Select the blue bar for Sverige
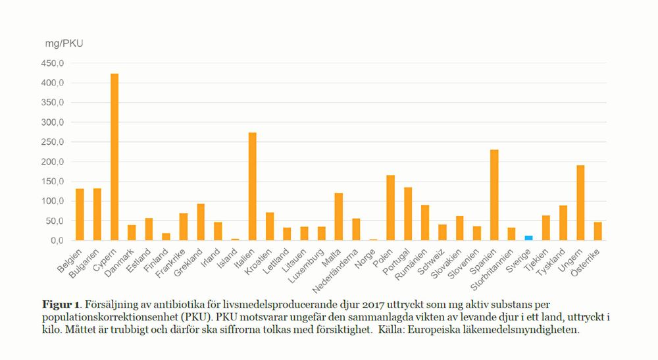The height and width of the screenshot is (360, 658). click(528, 238)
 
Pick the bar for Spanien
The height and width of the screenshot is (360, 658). click(494, 195)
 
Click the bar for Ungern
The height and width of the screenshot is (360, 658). click(580, 203)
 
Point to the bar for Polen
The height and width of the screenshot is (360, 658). click(391, 207)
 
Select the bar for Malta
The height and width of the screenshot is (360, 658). click(339, 217)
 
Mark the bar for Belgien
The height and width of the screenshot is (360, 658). click(80, 215)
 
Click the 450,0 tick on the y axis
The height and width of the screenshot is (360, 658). click(53, 64)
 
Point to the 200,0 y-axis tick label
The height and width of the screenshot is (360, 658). click(53, 162)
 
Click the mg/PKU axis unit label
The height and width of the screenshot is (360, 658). click(64, 43)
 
